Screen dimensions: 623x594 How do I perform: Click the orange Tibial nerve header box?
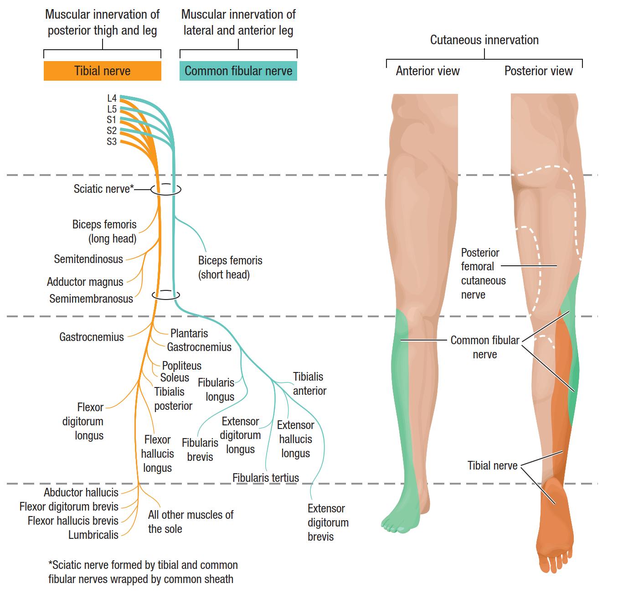103,71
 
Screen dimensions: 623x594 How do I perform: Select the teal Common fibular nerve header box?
238,71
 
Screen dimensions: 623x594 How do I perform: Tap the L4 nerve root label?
112,98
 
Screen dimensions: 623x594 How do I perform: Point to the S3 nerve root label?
112,141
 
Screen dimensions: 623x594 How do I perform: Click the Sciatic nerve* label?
103,189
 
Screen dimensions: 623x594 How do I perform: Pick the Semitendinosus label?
88,259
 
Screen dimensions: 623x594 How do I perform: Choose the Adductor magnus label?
85,282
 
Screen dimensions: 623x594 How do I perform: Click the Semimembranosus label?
91,299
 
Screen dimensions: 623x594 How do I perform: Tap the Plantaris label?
189,333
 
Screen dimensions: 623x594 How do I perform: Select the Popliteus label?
181,366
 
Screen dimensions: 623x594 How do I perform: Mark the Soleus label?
175,378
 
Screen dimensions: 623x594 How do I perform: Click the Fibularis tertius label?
266,478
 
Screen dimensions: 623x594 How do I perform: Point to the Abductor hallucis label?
81,492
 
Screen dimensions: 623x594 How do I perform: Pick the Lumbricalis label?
93,535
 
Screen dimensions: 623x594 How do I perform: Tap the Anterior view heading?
427,71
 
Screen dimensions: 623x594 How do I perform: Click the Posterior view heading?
538,71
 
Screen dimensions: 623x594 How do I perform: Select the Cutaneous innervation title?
484,40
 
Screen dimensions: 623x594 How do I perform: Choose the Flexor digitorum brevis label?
69,506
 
